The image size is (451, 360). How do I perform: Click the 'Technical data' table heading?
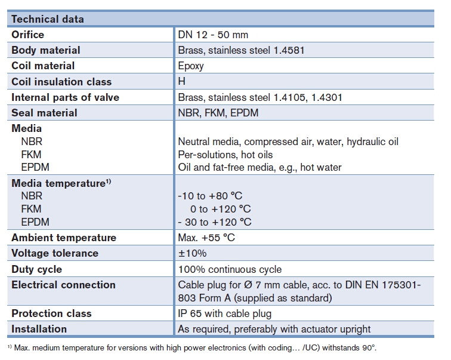(48, 19)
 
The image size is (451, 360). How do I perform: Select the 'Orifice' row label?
(27, 35)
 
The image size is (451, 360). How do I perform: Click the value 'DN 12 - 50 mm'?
(213, 35)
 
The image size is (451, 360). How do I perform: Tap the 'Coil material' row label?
(44, 66)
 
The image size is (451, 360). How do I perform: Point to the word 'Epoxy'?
(191, 66)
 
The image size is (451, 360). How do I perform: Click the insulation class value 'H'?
(182, 82)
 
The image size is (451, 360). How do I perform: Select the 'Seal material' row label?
(44, 112)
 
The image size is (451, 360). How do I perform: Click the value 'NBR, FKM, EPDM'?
(218, 113)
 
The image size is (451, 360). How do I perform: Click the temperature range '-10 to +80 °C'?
(210, 196)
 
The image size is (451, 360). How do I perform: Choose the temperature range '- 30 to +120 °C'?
(215, 222)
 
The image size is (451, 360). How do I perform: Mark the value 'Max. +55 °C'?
(206, 238)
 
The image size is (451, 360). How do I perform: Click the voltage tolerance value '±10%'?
(192, 254)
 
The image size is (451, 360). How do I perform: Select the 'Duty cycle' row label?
(37, 269)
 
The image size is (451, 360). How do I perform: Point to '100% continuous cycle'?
(230, 270)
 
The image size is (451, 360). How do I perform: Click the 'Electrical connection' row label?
(64, 285)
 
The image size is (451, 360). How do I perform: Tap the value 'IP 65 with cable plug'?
(224, 313)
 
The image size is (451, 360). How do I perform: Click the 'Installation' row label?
(39, 329)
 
